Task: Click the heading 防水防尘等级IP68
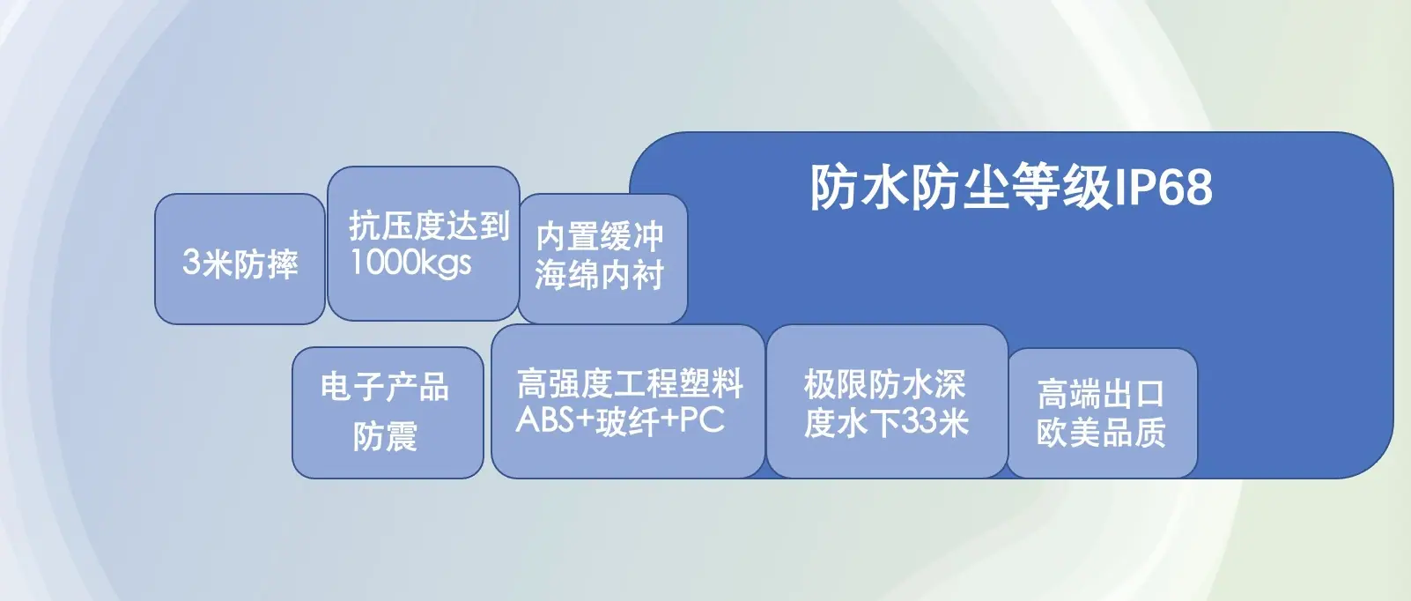(1011, 187)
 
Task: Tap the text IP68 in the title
(1164, 188)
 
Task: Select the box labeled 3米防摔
(240, 259)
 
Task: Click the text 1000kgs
(410, 262)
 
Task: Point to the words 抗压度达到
(429, 226)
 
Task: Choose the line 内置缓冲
(600, 236)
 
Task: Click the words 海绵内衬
(600, 275)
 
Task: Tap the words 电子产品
(385, 386)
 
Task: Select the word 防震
(385, 435)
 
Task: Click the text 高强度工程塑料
(630, 383)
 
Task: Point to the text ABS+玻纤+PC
(620, 420)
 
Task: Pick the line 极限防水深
(885, 384)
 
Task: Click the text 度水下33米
(886, 422)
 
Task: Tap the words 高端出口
(1101, 394)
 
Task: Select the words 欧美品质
(1101, 432)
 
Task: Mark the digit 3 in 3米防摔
(191, 262)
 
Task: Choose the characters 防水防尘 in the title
(909, 187)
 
